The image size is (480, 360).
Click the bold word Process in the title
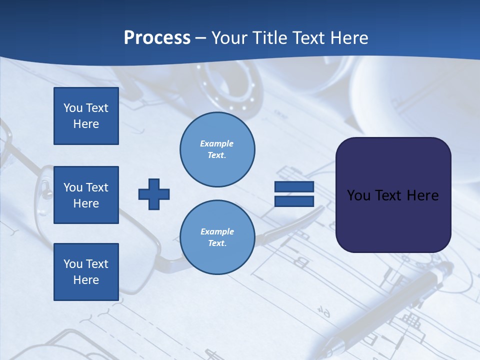[157, 38]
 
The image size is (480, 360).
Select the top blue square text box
[86, 116]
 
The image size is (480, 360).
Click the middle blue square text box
[86, 195]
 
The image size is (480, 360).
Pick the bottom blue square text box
[86, 271]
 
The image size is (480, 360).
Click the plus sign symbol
[154, 194]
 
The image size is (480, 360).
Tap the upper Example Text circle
[217, 149]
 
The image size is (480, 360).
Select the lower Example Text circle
[217, 237]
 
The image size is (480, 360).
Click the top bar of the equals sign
[294, 187]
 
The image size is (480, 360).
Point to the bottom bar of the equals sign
[294, 201]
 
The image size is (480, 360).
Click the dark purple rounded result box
[393, 220]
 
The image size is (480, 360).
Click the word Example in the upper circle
[217, 143]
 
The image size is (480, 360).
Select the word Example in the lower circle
[217, 231]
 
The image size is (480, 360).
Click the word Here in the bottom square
[86, 280]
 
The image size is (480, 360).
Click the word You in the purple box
[358, 195]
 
